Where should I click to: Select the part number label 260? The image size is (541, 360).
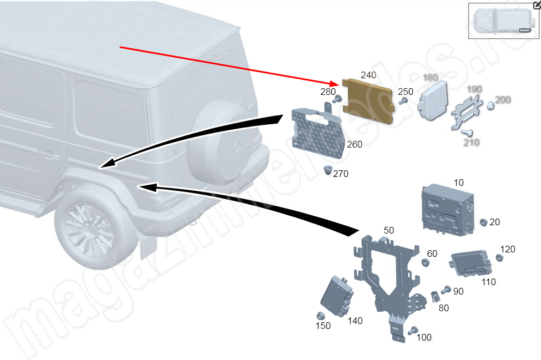(354, 145)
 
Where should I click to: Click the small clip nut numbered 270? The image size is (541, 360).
(327, 170)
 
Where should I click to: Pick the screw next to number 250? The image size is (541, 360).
(405, 101)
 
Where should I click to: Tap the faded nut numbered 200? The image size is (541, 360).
(491, 105)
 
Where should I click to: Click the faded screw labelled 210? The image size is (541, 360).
(467, 132)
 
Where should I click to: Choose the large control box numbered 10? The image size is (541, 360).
(447, 210)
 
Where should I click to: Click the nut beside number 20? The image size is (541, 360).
(483, 222)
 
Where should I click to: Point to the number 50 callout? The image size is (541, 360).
(388, 230)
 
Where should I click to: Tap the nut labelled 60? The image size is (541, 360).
(426, 262)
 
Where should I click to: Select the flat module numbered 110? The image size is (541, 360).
(471, 263)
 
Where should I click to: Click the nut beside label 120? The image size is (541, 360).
(499, 258)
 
